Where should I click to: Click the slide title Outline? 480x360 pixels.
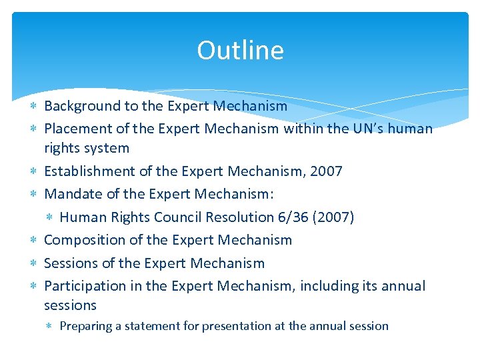click(240, 51)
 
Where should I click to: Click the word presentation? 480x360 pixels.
click(238, 326)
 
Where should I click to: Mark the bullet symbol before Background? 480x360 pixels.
click(35, 106)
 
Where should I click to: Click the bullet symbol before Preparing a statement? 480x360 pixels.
click(51, 326)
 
